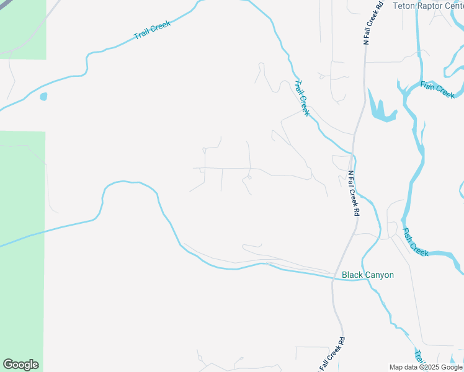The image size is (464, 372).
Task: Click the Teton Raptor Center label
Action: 429,6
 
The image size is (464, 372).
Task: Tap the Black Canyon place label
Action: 368,275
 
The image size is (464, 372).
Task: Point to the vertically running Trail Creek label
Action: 301,98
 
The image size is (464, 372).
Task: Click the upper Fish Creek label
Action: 437,90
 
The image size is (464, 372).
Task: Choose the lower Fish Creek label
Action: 415,242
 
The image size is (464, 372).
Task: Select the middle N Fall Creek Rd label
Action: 354,193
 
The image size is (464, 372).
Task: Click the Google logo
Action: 20,365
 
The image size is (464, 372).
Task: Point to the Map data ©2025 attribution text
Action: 426,367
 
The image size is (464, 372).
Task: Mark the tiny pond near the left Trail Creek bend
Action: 43,97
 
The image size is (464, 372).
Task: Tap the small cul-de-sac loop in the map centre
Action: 249,178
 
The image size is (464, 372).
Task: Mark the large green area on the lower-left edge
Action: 22,248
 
